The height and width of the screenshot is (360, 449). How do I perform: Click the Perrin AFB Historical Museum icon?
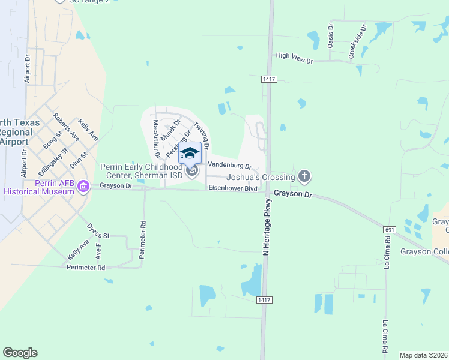(x=83, y=187)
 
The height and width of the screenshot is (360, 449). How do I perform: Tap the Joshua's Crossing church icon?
(x=304, y=176)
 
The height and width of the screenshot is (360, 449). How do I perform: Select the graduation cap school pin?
(x=190, y=154)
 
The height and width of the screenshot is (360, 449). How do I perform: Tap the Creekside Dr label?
(x=357, y=42)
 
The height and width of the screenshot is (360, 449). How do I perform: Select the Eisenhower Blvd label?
(x=233, y=188)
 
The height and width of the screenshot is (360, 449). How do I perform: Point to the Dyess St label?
(x=99, y=231)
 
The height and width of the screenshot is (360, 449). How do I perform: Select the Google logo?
(x=20, y=353)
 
